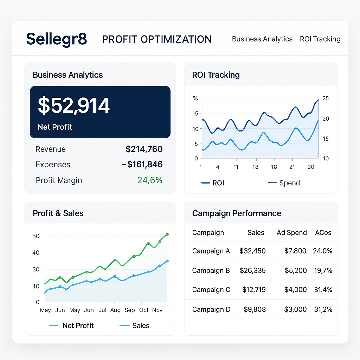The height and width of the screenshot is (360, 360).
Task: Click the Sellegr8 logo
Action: click(56, 39)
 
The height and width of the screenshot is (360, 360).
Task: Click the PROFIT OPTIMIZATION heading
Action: click(157, 39)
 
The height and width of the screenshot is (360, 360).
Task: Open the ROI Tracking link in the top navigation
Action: click(320, 39)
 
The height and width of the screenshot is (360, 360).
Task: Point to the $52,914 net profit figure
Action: click(74, 105)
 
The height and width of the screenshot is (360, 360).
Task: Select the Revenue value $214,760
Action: click(144, 149)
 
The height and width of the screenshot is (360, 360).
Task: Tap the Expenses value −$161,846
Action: click(142, 165)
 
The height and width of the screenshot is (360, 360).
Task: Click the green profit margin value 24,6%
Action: click(150, 180)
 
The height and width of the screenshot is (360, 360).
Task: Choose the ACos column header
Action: click(323, 232)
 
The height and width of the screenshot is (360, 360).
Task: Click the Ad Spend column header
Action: click(291, 232)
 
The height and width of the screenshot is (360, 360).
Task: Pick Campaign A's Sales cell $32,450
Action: click(252, 251)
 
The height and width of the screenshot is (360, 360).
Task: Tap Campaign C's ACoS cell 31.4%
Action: click(322, 290)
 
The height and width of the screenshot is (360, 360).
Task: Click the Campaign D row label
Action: click(211, 309)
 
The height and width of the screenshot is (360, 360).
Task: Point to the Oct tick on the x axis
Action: click(144, 310)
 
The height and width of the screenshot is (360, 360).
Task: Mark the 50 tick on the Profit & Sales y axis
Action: click(36, 236)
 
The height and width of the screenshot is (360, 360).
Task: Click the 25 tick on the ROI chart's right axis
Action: click(326, 98)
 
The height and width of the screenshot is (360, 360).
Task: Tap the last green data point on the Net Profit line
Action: click(167, 234)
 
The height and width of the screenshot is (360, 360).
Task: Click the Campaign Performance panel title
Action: click(237, 213)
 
